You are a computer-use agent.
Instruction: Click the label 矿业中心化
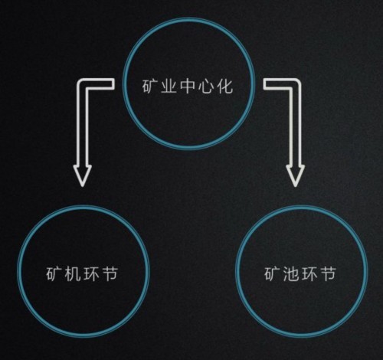tap(188, 86)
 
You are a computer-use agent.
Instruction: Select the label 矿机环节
tap(82, 273)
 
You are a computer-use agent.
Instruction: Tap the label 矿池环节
tap(300, 273)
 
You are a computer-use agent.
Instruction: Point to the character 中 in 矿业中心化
tap(188, 86)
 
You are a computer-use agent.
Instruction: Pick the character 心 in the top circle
tap(206, 87)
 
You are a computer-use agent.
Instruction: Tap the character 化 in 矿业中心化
tap(225, 86)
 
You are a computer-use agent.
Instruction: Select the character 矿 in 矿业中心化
tap(149, 87)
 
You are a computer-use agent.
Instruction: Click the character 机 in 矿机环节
tap(73, 274)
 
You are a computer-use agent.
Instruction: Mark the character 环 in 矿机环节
tap(91, 274)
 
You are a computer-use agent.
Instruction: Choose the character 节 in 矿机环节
tap(110, 274)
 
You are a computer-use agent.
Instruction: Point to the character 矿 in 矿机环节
tap(54, 274)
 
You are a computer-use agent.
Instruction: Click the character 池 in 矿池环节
tap(290, 274)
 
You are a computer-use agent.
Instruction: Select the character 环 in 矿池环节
tap(309, 274)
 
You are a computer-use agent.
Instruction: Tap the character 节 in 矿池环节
tap(328, 274)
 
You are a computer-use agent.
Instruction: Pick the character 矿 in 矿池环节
tap(272, 274)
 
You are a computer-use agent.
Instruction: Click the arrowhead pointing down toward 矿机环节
tap(82, 175)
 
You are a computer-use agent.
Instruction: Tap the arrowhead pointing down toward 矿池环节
tap(296, 175)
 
